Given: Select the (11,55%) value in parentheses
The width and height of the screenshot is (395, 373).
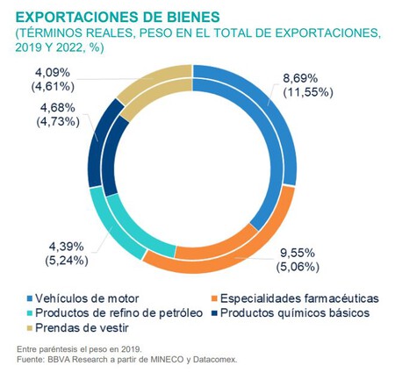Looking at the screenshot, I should coord(305,94).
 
